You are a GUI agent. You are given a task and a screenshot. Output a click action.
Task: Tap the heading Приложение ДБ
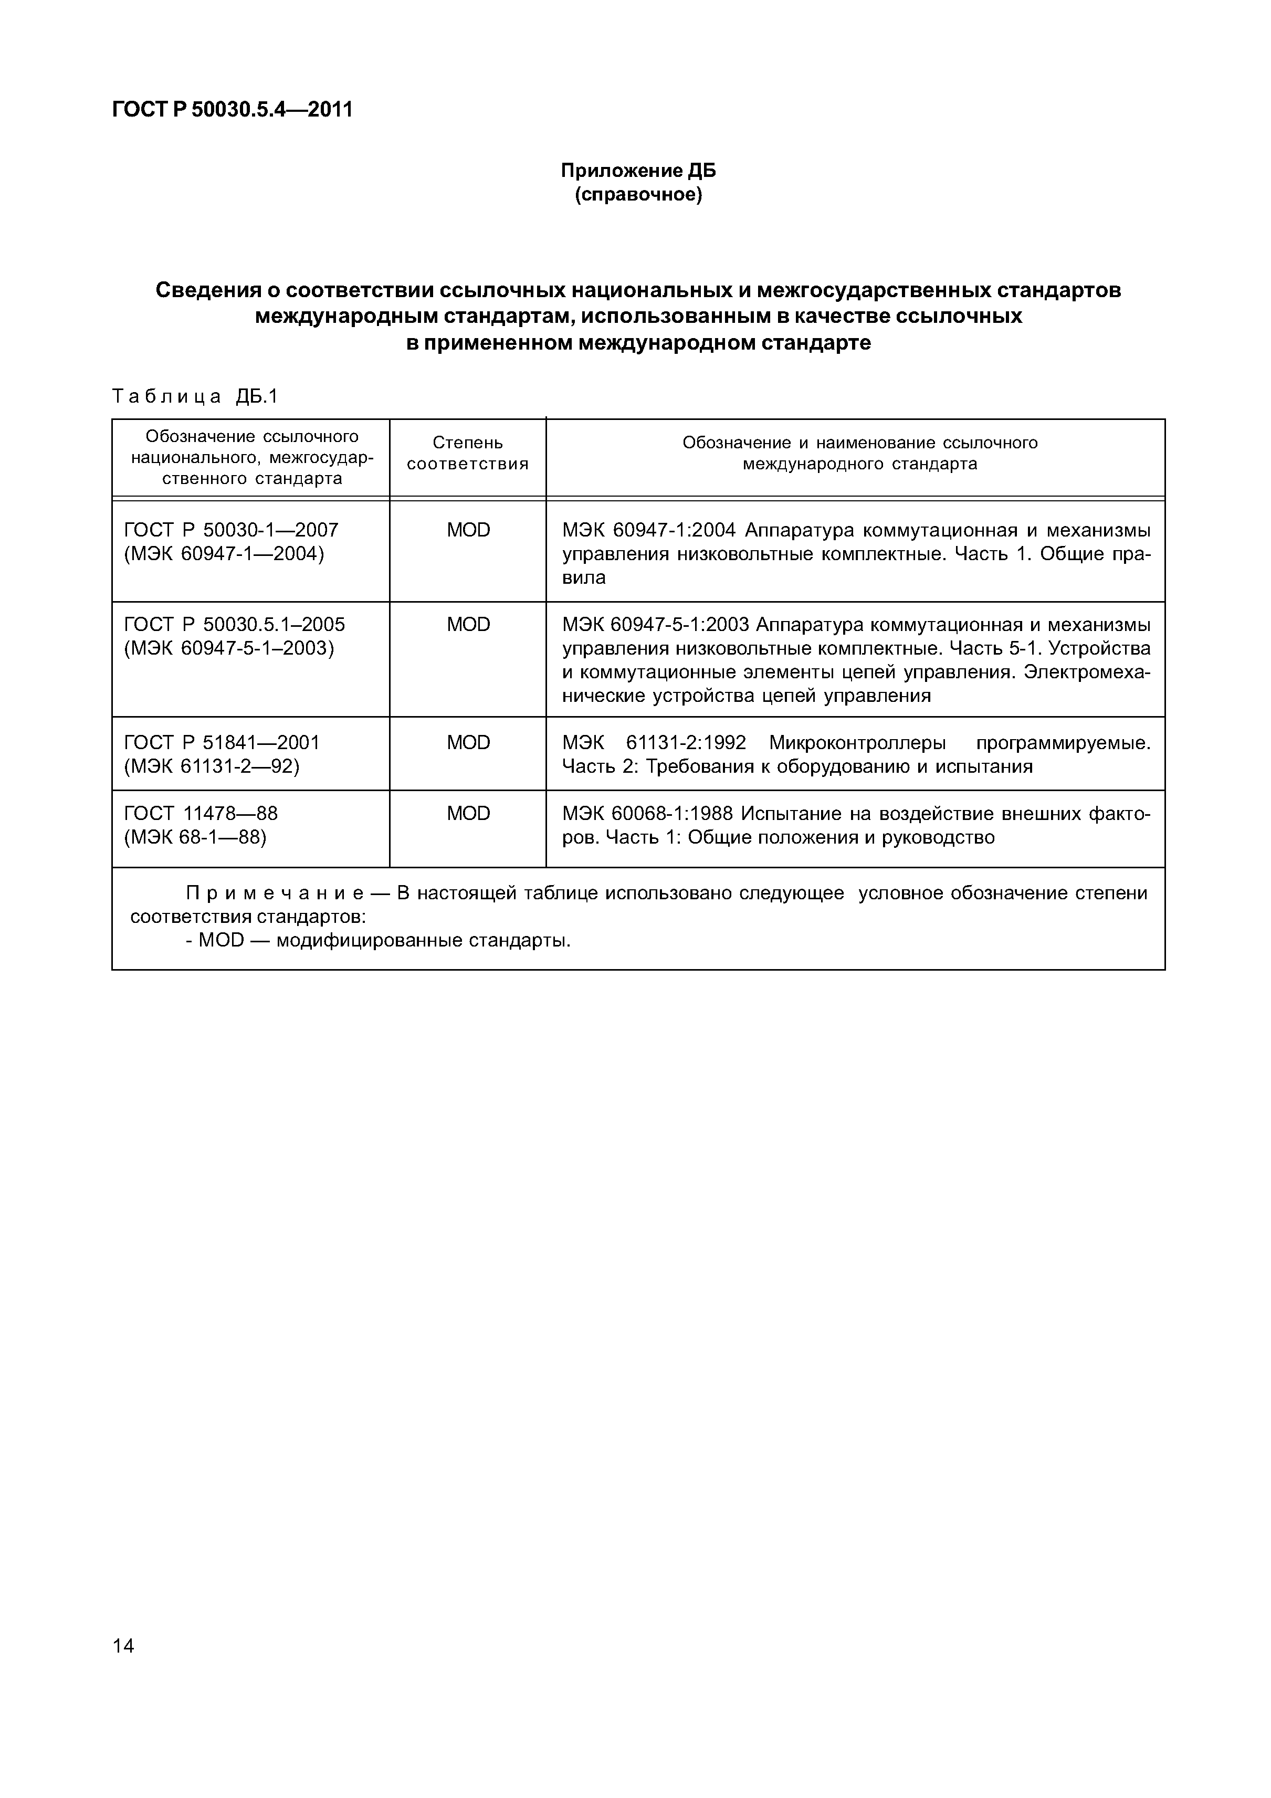[638, 171]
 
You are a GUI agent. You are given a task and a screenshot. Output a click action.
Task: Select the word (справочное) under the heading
[638, 194]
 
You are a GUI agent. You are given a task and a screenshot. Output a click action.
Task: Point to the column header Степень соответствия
[468, 454]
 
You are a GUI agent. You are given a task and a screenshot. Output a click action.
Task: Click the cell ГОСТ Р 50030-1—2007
[231, 530]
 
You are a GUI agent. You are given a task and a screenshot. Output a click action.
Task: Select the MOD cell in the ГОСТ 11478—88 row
[468, 814]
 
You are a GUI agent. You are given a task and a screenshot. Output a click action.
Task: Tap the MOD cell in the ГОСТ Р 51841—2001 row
[468, 742]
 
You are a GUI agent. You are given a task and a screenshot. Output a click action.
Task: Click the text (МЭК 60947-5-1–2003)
[229, 648]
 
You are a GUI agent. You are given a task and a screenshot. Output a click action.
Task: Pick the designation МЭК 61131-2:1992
[654, 742]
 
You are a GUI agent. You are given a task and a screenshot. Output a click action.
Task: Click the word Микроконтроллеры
[857, 742]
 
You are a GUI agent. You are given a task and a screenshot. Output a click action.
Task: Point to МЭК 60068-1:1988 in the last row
[648, 814]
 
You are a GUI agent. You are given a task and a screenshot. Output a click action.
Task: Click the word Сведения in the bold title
[216, 290]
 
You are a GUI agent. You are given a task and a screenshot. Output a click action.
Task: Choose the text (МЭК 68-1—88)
[195, 837]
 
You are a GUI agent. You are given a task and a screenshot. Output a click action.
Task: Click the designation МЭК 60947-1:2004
[648, 530]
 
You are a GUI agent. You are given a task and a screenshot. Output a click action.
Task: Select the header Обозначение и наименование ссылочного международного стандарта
[859, 454]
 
